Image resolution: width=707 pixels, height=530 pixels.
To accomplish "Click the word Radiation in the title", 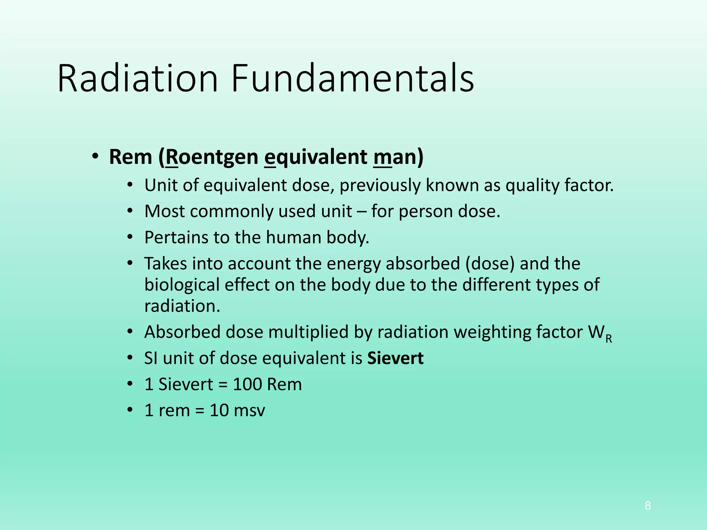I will [137, 79].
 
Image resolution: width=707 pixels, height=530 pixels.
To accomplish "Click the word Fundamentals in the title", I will [352, 79].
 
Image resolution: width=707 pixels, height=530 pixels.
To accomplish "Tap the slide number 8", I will [648, 506].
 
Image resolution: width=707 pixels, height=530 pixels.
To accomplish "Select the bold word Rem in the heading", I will [130, 157].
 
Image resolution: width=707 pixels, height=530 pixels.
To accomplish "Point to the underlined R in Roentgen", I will [172, 157].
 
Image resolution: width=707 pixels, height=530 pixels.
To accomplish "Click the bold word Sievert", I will [395, 358].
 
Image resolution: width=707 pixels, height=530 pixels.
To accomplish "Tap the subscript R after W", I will [609, 339].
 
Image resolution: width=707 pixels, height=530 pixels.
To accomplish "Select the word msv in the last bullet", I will [249, 411].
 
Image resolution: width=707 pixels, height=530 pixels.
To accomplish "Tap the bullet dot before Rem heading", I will [96, 156].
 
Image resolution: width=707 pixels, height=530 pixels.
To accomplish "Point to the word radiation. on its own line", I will [182, 306].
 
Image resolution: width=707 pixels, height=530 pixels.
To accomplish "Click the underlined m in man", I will [382, 157].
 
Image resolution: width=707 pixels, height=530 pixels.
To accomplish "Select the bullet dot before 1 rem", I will [129, 410].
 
